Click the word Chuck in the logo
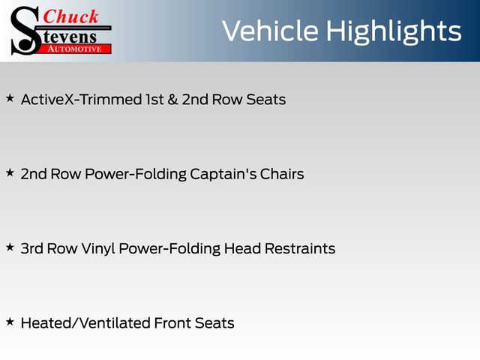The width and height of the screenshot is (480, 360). [70, 16]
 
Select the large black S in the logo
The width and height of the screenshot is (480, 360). [25, 31]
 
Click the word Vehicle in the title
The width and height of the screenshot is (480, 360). [270, 31]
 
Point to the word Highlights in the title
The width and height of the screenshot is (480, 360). [393, 32]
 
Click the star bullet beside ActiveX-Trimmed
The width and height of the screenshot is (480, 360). [10, 98]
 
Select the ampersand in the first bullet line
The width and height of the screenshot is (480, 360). [172, 100]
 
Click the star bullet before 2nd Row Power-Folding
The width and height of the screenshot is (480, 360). [10, 173]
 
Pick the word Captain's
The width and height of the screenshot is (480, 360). [223, 174]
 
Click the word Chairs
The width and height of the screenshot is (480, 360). [282, 174]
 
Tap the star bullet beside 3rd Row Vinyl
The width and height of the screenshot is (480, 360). [10, 247]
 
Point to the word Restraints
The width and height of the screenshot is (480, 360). [300, 248]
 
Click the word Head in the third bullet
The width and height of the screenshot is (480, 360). [242, 248]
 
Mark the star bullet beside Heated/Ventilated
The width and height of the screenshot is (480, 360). [10, 322]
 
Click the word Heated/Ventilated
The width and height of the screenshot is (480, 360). [85, 323]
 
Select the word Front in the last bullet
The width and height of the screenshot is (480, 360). [172, 323]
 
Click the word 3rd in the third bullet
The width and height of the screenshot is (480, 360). [31, 248]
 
